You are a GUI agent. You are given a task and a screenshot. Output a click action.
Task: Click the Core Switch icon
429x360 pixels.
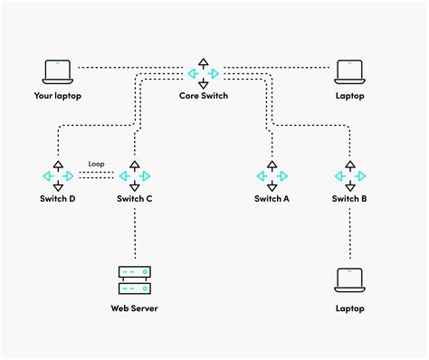pyautogui.click(x=204, y=72)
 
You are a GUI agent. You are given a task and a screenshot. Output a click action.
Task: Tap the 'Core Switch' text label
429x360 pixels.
pyautogui.click(x=204, y=95)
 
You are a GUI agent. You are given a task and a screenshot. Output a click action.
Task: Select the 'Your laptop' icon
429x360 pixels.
pyautogui.click(x=57, y=71)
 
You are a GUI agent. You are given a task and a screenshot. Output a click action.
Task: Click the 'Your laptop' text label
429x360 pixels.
pyautogui.click(x=57, y=95)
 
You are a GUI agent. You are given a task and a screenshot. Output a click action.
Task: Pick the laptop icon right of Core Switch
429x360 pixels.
pyautogui.click(x=349, y=71)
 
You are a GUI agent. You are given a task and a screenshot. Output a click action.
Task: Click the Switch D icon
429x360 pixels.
pyautogui.click(x=58, y=175)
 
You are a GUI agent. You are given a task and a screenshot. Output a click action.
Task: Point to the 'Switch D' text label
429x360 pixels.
pyautogui.click(x=58, y=198)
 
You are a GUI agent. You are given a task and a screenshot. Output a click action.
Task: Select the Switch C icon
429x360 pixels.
pyautogui.click(x=135, y=175)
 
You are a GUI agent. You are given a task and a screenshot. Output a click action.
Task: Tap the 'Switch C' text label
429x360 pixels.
pyautogui.click(x=135, y=198)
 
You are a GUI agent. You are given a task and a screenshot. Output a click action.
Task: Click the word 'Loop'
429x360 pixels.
pyautogui.click(x=97, y=165)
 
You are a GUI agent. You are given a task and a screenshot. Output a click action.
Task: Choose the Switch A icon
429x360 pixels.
pyautogui.click(x=272, y=175)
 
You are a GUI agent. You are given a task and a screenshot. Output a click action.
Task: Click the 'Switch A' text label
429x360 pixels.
pyautogui.click(x=272, y=198)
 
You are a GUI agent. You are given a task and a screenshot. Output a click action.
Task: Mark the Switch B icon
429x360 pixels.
pyautogui.click(x=349, y=175)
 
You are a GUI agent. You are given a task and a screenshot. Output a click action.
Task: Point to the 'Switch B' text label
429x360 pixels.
pyautogui.click(x=349, y=198)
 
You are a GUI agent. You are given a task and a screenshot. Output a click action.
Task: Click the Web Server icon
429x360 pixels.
pyautogui.click(x=135, y=279)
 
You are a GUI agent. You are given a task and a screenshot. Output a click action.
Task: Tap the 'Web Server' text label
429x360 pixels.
pyautogui.click(x=135, y=309)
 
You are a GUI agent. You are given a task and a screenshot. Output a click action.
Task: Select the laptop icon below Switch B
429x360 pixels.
pyautogui.click(x=349, y=280)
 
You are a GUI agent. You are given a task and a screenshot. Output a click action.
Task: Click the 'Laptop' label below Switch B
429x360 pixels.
pyautogui.click(x=349, y=308)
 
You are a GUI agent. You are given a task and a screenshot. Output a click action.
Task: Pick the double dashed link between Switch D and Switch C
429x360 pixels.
pyautogui.click(x=97, y=175)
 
